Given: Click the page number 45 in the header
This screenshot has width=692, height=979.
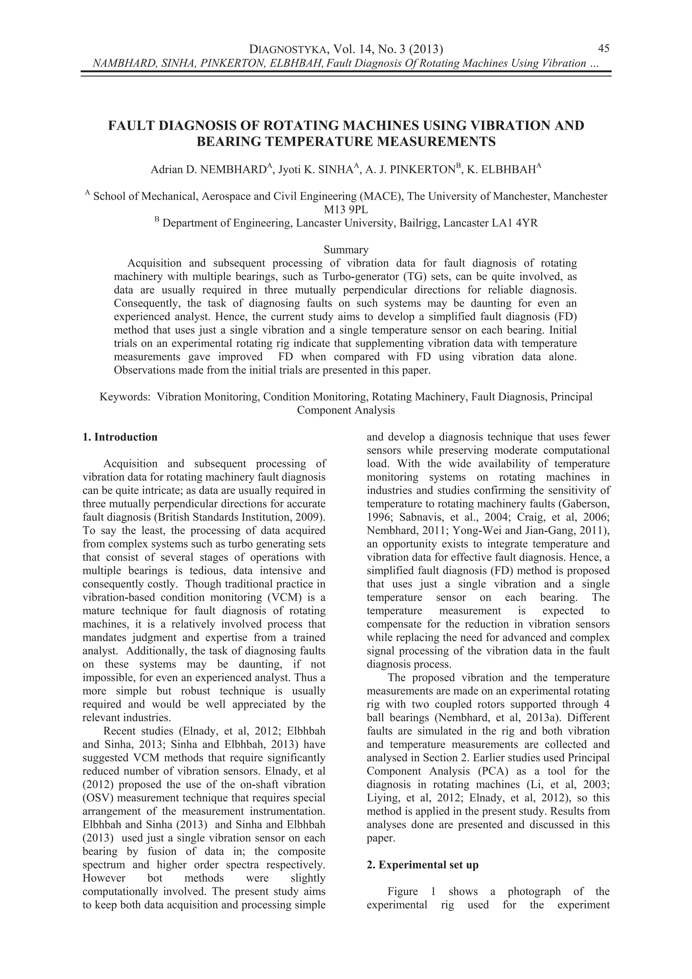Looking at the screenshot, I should tap(603, 48).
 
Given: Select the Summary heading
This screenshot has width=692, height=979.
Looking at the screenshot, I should tap(346, 249).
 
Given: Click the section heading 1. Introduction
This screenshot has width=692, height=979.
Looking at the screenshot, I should tap(120, 437).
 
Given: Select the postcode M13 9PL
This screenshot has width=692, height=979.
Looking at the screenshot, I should tap(346, 210).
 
